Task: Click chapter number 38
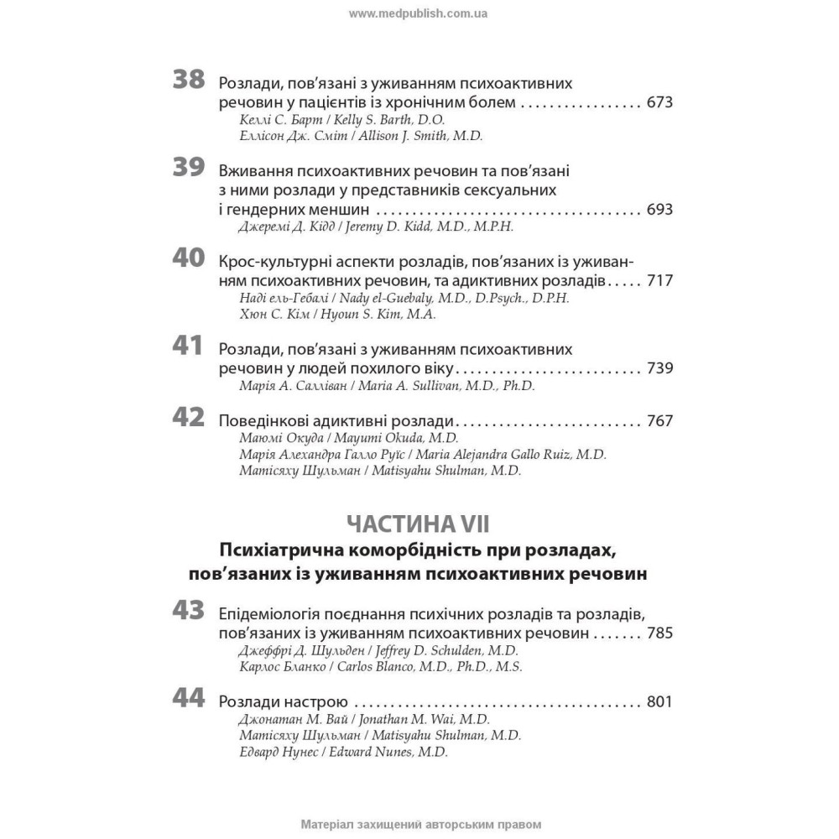coord(188,81)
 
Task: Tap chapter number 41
coord(188,347)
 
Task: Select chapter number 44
coord(188,699)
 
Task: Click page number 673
coord(660,103)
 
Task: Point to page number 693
coord(660,209)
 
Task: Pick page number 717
coord(660,279)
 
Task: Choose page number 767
coord(660,420)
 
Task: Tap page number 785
coord(660,632)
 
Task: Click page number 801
coord(660,702)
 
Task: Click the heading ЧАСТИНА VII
coord(419,524)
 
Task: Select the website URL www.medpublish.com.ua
coord(419,13)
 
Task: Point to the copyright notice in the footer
coord(419,825)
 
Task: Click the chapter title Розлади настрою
coord(277,702)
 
